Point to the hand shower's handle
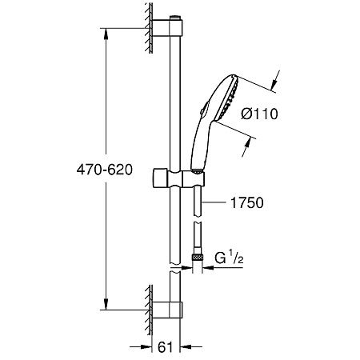pyautogui.click(x=201, y=140)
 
